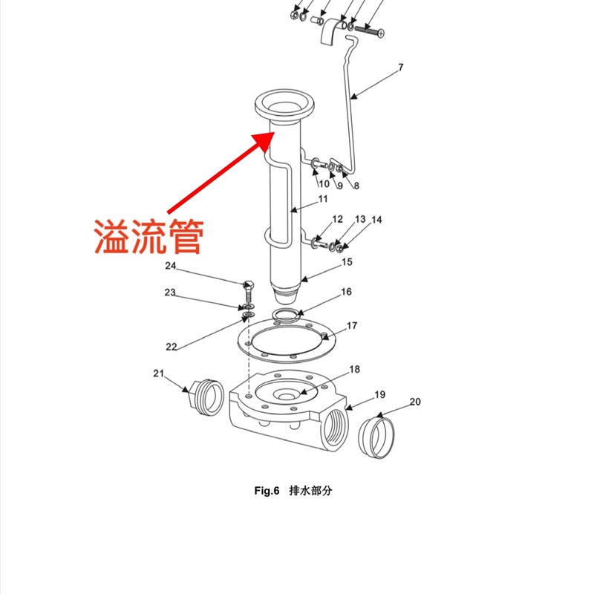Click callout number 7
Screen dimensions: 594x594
click(x=400, y=68)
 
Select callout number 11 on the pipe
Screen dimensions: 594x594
click(x=322, y=199)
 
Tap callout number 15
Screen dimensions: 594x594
click(x=347, y=262)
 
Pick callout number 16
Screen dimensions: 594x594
click(x=346, y=292)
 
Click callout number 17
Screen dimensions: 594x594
click(x=352, y=325)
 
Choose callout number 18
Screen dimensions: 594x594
click(x=354, y=369)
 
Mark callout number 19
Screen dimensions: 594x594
click(x=379, y=394)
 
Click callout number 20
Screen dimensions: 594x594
click(x=415, y=402)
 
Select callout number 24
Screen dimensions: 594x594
click(x=171, y=266)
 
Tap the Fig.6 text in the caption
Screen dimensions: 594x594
click(x=266, y=491)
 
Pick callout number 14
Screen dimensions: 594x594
click(x=376, y=220)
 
